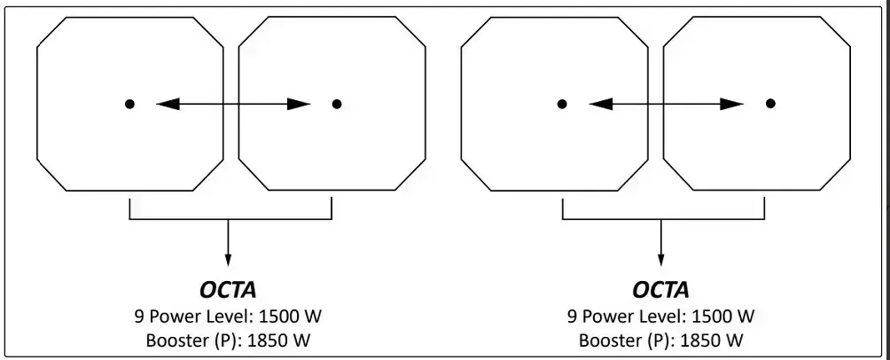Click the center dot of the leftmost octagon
coord(130,104)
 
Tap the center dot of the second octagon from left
coord(337,104)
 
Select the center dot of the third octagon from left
coord(562,104)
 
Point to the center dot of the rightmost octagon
coord(770,104)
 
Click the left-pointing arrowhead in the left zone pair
coord(168,104)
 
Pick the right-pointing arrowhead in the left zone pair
coord(299,104)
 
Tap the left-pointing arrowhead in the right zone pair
coord(600,104)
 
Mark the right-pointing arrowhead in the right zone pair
coord(732,104)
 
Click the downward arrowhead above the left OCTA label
coord(228,260)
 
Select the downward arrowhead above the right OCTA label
coord(660,260)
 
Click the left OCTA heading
coord(228,290)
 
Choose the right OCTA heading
coord(660,290)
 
